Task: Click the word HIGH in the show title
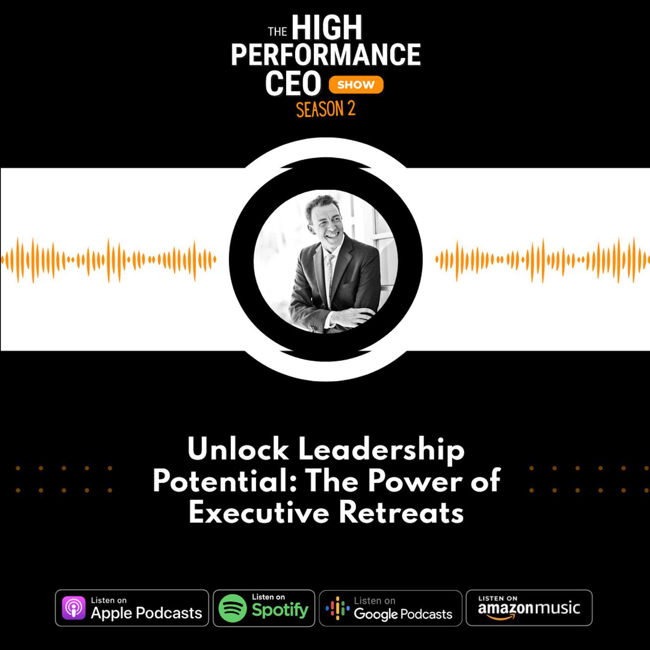point(327,28)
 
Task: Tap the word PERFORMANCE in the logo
point(325,55)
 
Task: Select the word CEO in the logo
point(293,84)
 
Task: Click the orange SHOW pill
point(356,85)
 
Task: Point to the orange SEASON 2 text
point(325,110)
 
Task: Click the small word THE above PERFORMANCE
point(277,32)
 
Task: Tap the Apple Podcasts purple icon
point(74,608)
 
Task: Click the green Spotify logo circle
point(233,608)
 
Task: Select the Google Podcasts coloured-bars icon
point(338,608)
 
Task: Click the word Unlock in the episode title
point(238,449)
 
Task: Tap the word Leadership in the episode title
point(381,449)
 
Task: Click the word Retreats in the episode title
point(401,513)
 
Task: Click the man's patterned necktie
point(329,279)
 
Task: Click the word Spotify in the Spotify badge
point(280,611)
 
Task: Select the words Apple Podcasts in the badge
point(146,613)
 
